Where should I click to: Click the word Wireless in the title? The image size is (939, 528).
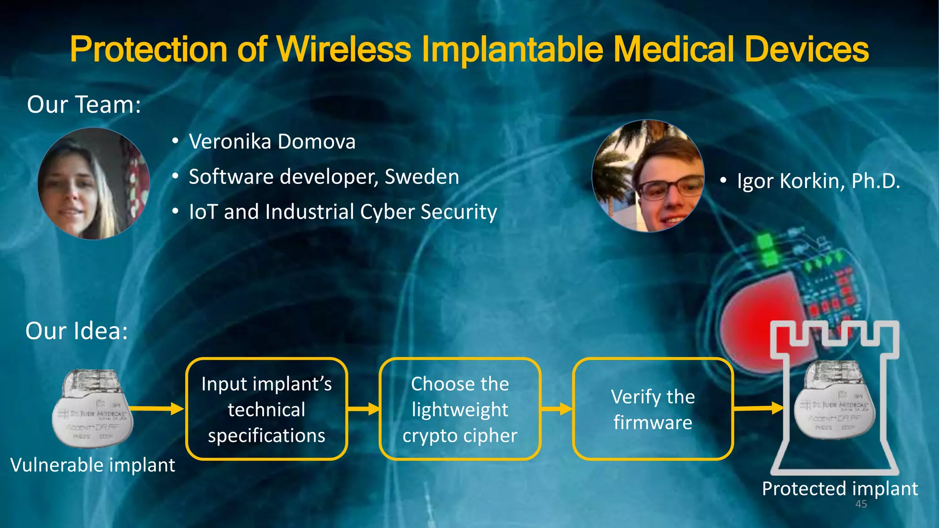[344, 49]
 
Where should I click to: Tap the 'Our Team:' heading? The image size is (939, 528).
[84, 104]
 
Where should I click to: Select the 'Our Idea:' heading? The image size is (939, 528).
[77, 331]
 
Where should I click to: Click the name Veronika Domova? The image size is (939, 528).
[272, 142]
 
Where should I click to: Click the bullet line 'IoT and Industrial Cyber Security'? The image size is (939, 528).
[343, 212]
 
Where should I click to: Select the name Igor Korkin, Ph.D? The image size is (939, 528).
[818, 181]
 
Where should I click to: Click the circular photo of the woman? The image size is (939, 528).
[94, 183]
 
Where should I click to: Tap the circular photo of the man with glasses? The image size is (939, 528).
[648, 176]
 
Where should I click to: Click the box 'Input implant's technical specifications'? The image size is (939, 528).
[266, 409]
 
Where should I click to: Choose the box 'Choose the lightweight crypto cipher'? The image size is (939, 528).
[460, 409]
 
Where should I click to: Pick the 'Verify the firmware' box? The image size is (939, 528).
[653, 409]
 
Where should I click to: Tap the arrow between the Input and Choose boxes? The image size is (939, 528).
[364, 408]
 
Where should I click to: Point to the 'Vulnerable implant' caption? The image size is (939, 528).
[93, 465]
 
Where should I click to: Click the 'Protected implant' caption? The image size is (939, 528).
[840, 489]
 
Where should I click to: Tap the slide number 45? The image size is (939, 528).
[861, 504]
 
